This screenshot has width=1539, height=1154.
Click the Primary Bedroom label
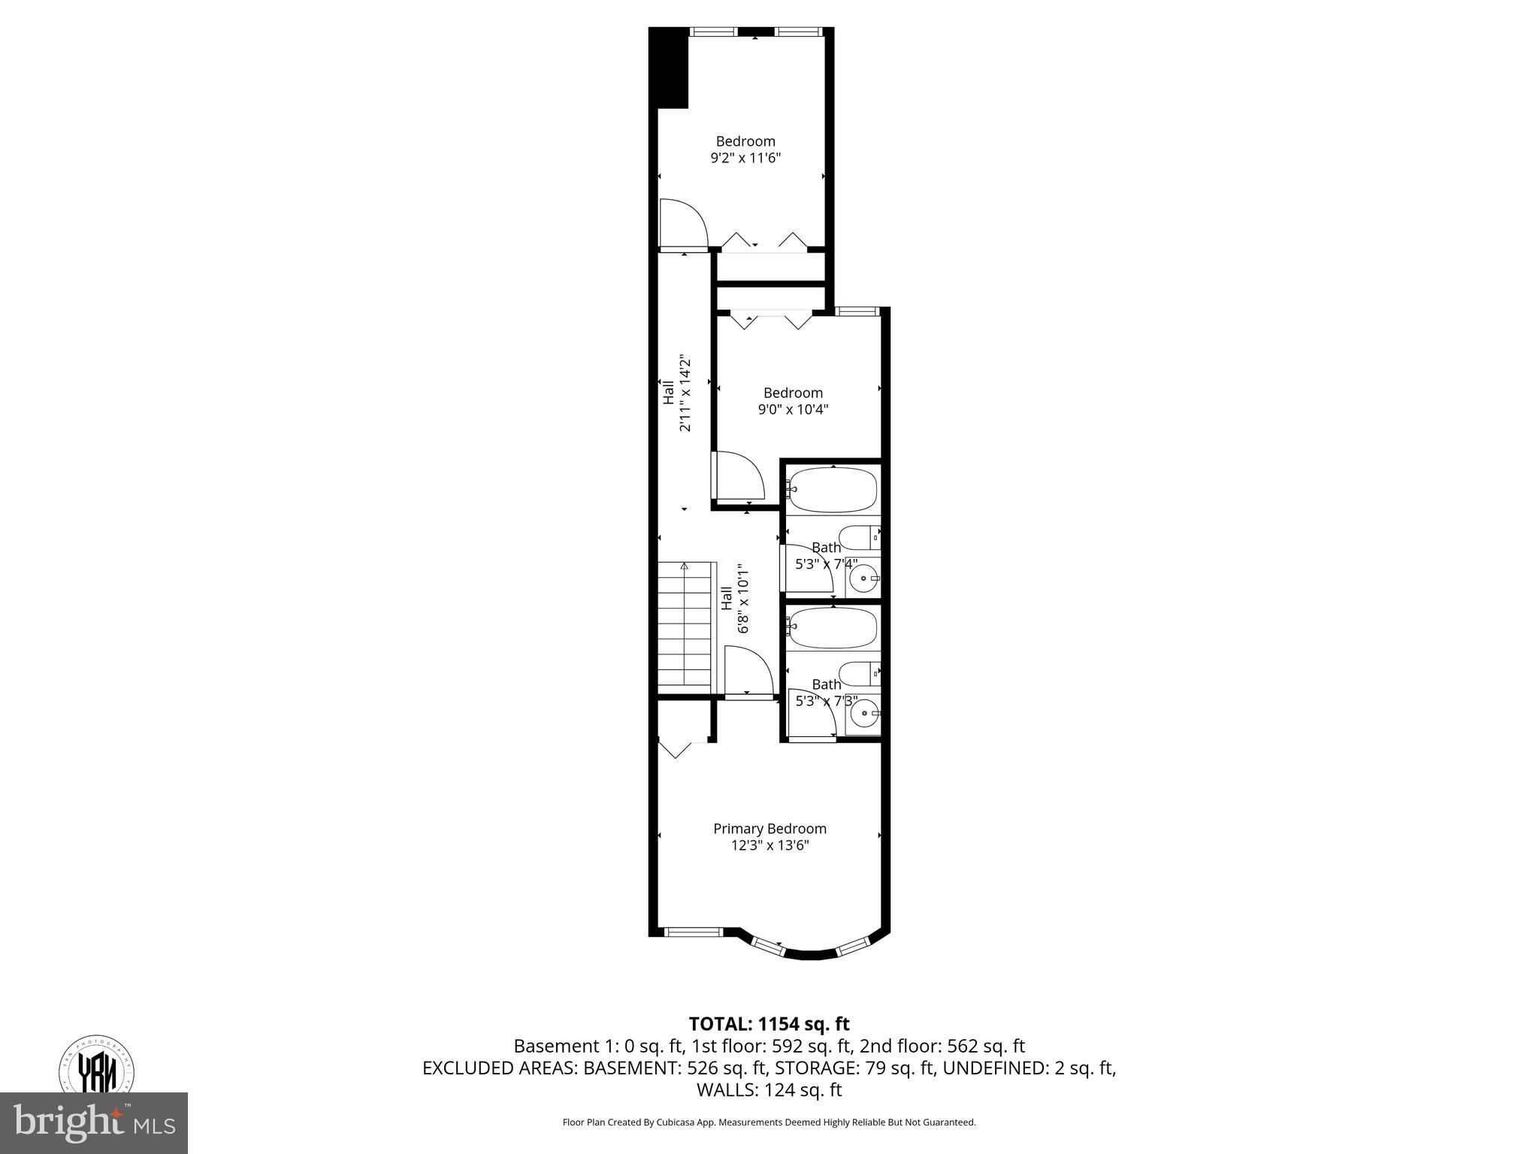(x=769, y=829)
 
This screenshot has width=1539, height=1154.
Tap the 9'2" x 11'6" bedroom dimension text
(x=745, y=158)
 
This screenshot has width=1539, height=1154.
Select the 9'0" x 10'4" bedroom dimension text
(x=793, y=409)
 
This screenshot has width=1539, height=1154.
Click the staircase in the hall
(x=685, y=628)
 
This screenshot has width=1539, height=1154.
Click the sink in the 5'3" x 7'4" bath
(x=863, y=579)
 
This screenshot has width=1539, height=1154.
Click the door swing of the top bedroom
(x=683, y=224)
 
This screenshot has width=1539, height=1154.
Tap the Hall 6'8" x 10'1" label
(x=735, y=599)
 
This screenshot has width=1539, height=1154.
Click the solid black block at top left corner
(x=669, y=68)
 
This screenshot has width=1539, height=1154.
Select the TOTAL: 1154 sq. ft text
(x=769, y=1024)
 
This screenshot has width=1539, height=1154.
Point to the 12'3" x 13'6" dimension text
(x=769, y=845)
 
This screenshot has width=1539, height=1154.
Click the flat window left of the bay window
(x=694, y=932)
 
